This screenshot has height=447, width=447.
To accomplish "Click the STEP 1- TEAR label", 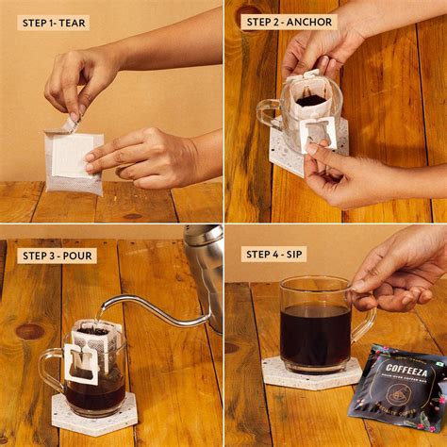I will (x=53, y=23).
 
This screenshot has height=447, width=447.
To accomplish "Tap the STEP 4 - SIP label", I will (x=274, y=254).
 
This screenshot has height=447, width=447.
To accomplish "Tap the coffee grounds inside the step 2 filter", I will (x=310, y=100).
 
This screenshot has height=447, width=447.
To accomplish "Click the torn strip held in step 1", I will (x=70, y=124).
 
